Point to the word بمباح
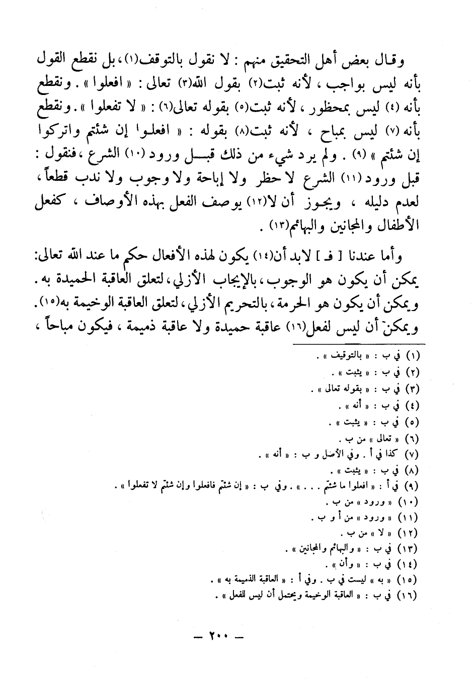point(330,130)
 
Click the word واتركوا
point(56,130)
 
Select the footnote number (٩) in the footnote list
point(412,486)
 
